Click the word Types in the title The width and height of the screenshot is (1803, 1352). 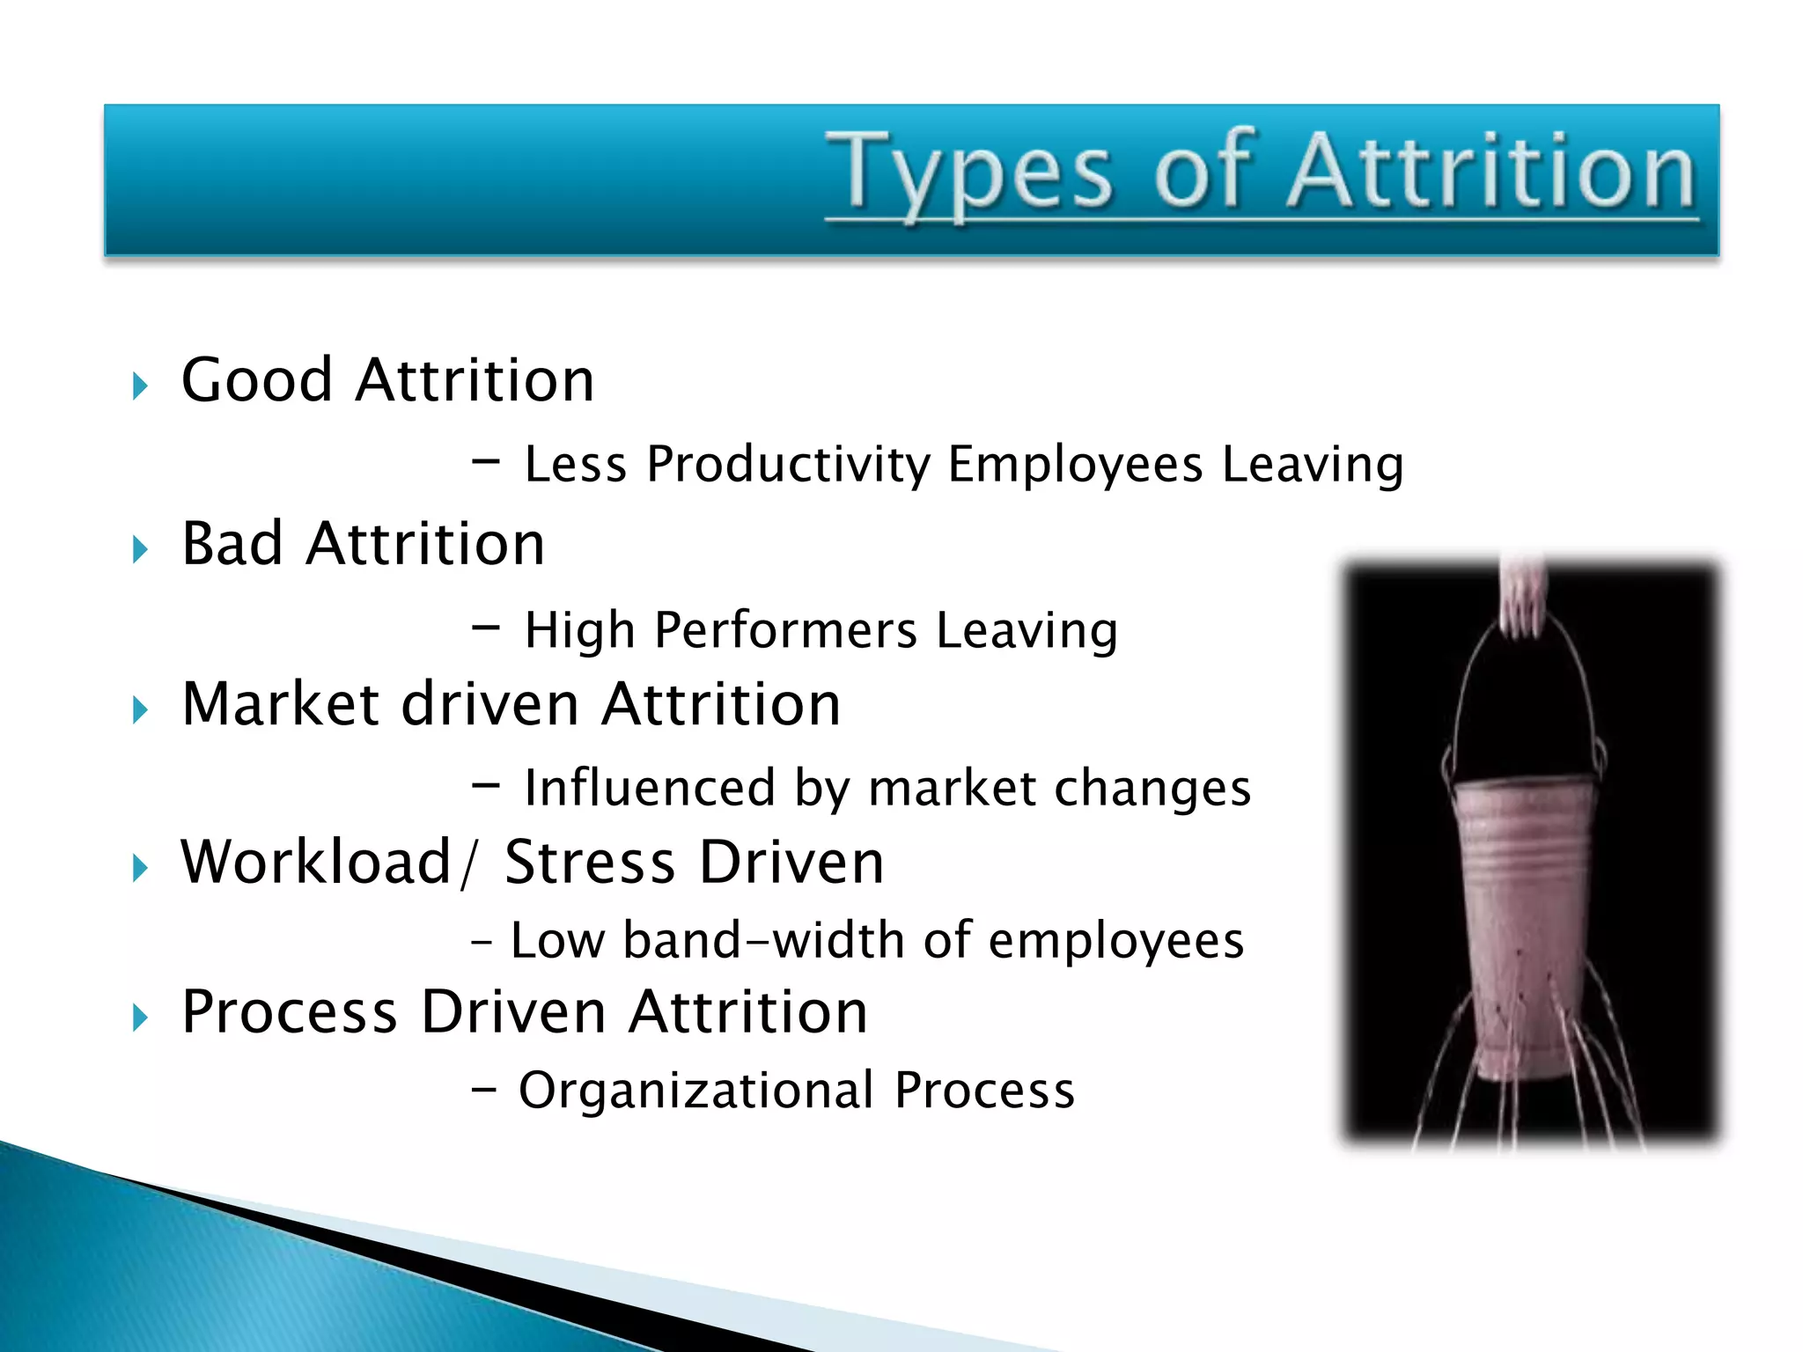(968, 173)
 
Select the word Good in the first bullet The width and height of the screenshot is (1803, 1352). (256, 380)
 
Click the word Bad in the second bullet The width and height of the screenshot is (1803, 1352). (232, 543)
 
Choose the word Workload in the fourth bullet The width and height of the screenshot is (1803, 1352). (315, 862)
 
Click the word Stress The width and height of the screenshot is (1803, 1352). (588, 862)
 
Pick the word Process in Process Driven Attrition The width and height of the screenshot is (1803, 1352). (289, 1011)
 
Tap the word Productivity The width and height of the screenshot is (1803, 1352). (788, 464)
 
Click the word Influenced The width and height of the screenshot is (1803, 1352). (649, 787)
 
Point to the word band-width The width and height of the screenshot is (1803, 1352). (763, 940)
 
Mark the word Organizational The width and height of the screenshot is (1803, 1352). (695, 1090)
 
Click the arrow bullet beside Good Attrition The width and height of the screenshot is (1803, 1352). (140, 385)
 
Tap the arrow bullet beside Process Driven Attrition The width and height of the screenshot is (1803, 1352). (140, 1018)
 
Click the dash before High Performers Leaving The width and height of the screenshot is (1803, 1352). (485, 628)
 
